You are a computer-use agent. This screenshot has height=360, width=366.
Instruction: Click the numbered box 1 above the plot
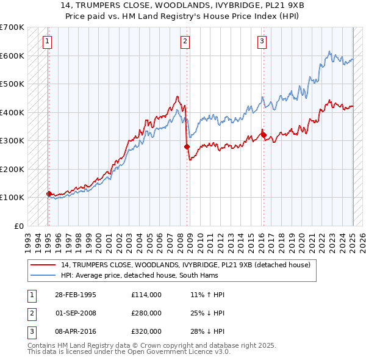47,41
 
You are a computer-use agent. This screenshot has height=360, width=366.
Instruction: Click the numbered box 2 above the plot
185,41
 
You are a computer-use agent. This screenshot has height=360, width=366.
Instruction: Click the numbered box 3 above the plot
262,41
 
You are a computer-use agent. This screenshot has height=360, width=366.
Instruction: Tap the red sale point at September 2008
187,146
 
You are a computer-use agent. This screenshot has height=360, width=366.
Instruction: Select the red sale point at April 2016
264,135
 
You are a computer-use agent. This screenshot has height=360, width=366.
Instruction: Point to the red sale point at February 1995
49,193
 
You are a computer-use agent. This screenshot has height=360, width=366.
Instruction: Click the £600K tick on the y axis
13,56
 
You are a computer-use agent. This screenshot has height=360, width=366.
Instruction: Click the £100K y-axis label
13,197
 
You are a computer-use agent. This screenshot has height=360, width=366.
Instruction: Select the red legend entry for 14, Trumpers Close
186,265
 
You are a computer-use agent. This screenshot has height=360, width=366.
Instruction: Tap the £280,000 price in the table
146,313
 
